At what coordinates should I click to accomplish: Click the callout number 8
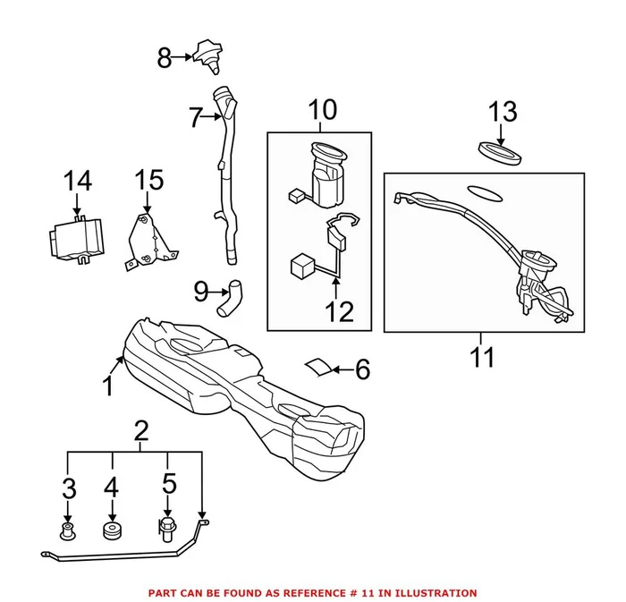pyautogui.click(x=164, y=59)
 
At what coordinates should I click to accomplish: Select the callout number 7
pyautogui.click(x=196, y=116)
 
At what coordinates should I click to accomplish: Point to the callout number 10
pyautogui.click(x=323, y=111)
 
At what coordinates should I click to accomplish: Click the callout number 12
pyautogui.click(x=340, y=311)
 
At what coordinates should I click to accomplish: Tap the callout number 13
pyautogui.click(x=503, y=112)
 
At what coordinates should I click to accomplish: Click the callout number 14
pyautogui.click(x=78, y=181)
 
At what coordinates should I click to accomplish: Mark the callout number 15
pyautogui.click(x=149, y=181)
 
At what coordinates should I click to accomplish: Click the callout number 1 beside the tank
pyautogui.click(x=107, y=386)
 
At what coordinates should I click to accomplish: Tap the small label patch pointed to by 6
pyautogui.click(x=317, y=367)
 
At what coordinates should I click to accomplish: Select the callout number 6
pyautogui.click(x=362, y=369)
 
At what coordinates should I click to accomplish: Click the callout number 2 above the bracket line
pyautogui.click(x=140, y=430)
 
